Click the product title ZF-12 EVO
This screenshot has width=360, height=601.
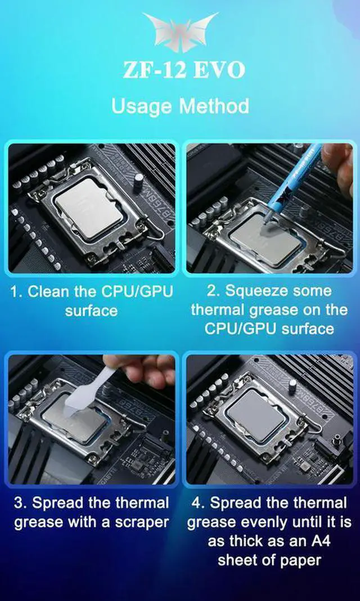tap(183, 71)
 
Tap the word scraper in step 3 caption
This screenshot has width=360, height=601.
tap(141, 522)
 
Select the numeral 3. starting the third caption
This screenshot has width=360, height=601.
tap(21, 503)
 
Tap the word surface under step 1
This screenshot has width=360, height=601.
tap(91, 311)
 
